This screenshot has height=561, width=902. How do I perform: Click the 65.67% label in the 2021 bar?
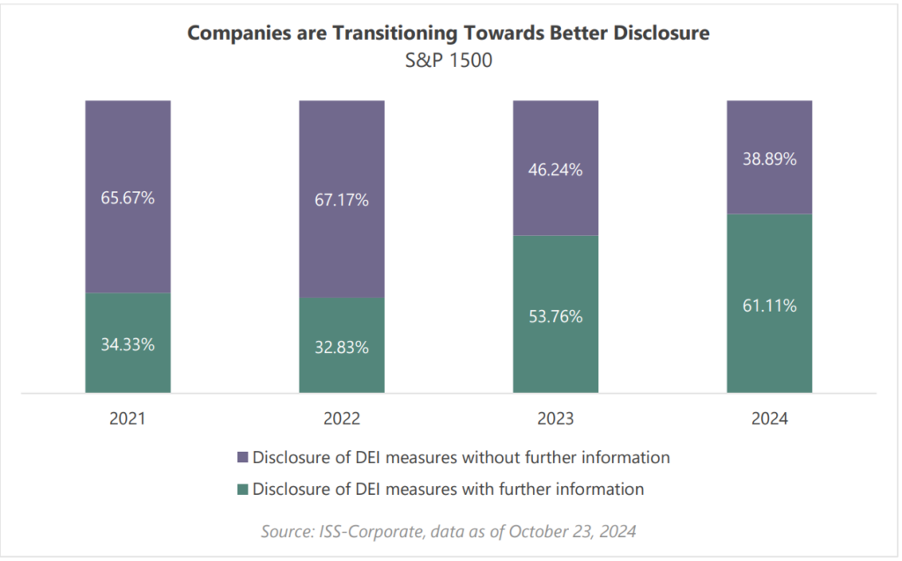pos(128,197)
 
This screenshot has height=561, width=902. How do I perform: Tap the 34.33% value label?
pos(128,344)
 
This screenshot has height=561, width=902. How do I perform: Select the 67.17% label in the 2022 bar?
pos(342,200)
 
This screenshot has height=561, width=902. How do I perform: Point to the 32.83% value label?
pos(342,347)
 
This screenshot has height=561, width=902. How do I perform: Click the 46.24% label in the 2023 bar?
pos(555,170)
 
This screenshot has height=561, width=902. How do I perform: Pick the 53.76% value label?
pos(555,316)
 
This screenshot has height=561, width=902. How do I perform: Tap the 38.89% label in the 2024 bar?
pos(769,159)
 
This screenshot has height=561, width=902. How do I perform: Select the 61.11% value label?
pos(769,306)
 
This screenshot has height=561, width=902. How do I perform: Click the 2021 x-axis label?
pos(128,419)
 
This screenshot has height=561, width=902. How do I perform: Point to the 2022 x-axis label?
pos(342,419)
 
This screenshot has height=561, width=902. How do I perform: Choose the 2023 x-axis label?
pos(555,419)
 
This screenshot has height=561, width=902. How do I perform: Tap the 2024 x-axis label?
pos(769,419)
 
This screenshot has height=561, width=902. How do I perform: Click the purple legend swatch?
pos(243,458)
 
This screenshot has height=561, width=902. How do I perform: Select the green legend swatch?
pos(243,489)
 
